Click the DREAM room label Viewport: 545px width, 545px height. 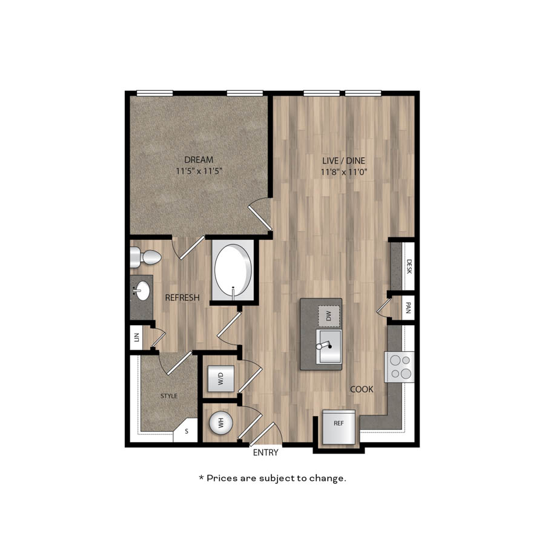coord(199,160)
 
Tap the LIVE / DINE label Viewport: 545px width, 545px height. coord(344,160)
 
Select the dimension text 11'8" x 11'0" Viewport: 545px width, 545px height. coord(344,172)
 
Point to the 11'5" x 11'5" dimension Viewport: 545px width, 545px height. coord(199,171)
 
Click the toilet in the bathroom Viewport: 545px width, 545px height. coord(145,257)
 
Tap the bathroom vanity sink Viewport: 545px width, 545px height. coord(142,291)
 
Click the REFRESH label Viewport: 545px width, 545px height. coord(182,298)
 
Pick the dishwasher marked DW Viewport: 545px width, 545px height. coord(329,316)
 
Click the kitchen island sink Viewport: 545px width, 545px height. coord(329,346)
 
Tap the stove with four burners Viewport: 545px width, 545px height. coord(400,367)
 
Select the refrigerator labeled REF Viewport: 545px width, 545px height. coord(339,427)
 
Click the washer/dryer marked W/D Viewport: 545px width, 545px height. coord(220,378)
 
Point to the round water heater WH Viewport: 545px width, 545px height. coord(220,423)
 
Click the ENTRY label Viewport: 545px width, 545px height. coord(266,452)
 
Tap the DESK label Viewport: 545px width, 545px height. coord(409,266)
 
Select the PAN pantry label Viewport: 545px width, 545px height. coord(408,308)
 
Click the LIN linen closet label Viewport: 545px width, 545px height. coord(137,337)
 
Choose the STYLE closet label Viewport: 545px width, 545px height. coord(169,396)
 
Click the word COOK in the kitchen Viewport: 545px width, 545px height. coord(362,389)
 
